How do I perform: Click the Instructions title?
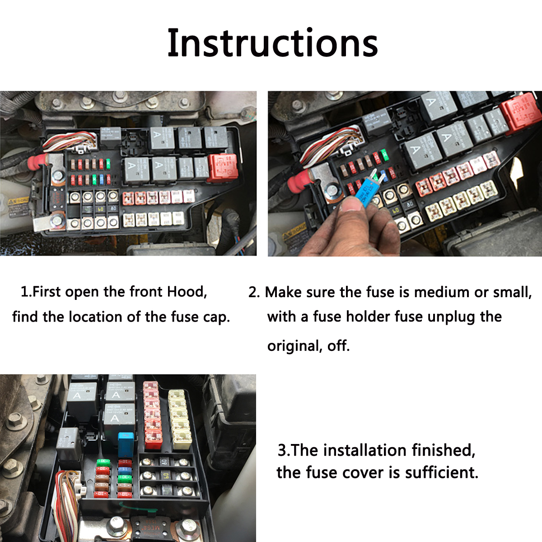272,43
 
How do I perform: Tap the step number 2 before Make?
253,292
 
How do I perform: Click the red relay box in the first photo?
223,167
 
